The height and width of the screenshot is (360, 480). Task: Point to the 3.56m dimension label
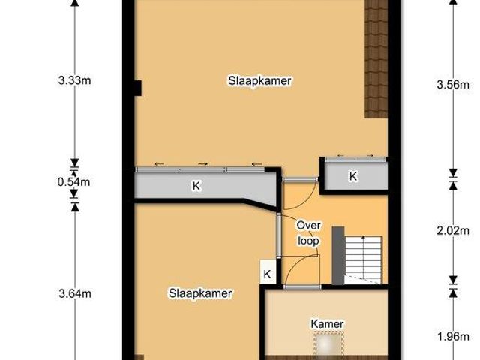[x=452, y=85]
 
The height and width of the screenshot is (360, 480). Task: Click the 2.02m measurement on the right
[x=452, y=231]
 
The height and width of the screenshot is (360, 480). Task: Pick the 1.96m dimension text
[x=452, y=336]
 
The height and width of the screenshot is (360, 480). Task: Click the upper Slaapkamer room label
[x=259, y=80]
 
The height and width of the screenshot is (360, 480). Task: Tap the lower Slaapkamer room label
[x=200, y=293]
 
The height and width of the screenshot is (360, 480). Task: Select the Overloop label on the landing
[x=308, y=232]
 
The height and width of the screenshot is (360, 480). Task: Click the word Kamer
[x=327, y=324]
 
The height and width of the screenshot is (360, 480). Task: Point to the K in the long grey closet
[x=196, y=186]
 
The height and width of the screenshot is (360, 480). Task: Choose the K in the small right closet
[x=352, y=177]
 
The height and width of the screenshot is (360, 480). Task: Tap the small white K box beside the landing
[x=267, y=274]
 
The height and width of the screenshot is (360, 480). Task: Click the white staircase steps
[x=367, y=255]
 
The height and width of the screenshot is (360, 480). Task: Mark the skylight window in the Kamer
[x=327, y=346]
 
